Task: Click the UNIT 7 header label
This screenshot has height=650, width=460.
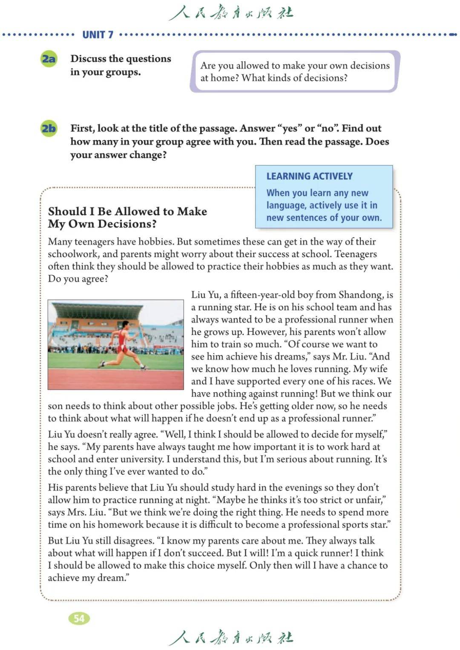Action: click(98, 35)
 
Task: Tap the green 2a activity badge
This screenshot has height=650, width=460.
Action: click(49, 59)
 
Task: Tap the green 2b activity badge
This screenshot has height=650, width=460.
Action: click(49, 128)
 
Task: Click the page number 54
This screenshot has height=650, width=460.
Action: click(79, 618)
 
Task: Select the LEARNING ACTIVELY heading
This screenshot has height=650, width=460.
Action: click(309, 176)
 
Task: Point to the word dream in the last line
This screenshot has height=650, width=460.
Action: click(112, 578)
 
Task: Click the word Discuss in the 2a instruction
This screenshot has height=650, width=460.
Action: click(88, 59)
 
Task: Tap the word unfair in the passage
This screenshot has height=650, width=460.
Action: click(371, 500)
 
